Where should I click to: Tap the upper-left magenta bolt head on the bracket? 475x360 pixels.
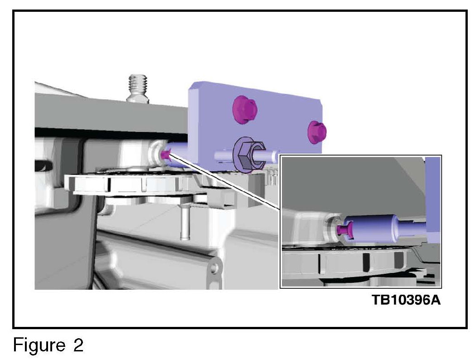244,109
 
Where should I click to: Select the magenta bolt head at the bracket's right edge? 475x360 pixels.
316,132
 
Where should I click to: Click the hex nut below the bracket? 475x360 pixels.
244,156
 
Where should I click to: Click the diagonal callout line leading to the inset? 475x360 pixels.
225,182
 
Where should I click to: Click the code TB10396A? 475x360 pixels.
406,300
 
